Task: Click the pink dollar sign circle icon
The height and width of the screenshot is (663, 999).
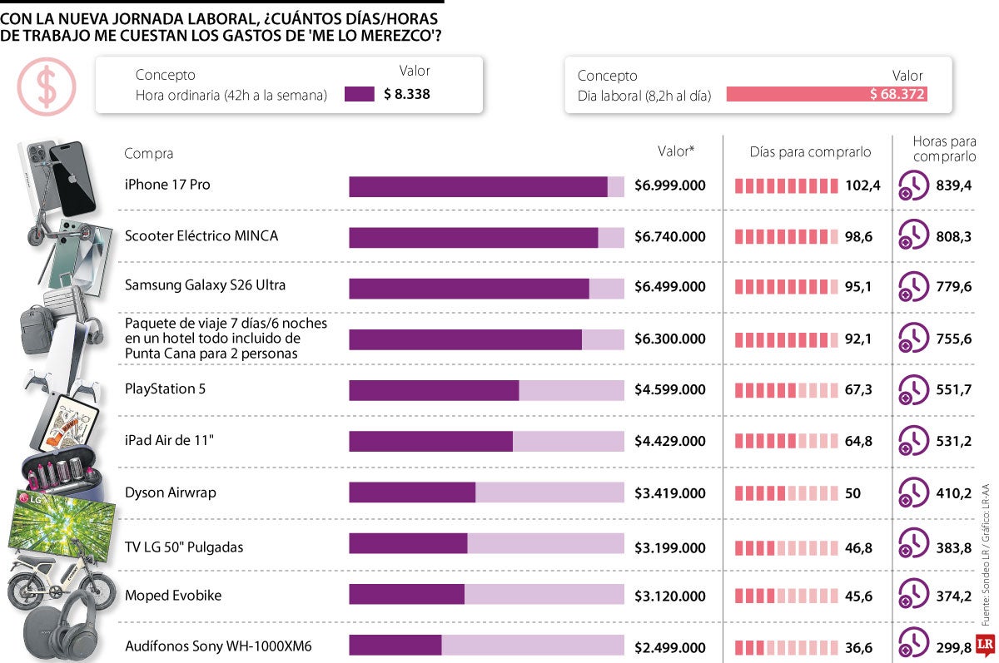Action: point(47,87)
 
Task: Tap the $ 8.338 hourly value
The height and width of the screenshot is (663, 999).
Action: point(407,94)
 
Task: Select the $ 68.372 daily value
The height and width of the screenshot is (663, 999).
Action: point(897,94)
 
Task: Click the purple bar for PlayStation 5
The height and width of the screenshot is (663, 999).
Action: point(434,390)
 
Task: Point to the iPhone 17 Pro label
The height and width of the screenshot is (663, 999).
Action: point(167,185)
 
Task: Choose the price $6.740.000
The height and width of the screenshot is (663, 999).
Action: point(670,236)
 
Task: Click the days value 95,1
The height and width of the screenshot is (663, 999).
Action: point(858,286)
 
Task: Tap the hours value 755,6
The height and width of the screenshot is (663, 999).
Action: point(953,339)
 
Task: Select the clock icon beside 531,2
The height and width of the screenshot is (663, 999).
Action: point(913,440)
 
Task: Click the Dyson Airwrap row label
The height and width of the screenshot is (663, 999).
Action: point(171,492)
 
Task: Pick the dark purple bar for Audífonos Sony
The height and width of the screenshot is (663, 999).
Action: point(395,646)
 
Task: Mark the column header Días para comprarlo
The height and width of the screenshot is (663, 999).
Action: point(810,152)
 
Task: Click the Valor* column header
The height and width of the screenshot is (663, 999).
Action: point(676,151)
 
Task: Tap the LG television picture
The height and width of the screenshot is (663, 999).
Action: point(62,525)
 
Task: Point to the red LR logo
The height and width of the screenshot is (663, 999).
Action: point(985,645)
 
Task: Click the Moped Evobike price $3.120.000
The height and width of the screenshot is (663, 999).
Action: point(670,596)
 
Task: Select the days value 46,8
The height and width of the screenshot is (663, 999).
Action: point(858,547)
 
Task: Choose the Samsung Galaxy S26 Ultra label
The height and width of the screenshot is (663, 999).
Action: point(205,284)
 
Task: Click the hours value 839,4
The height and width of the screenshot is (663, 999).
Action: point(953,185)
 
